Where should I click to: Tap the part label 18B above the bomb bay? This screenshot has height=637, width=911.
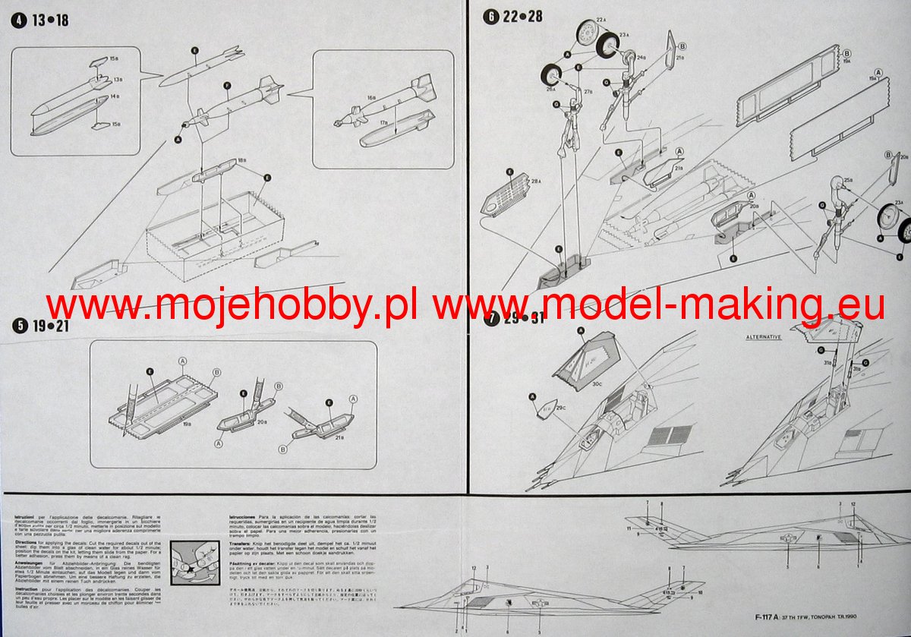(241, 161)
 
